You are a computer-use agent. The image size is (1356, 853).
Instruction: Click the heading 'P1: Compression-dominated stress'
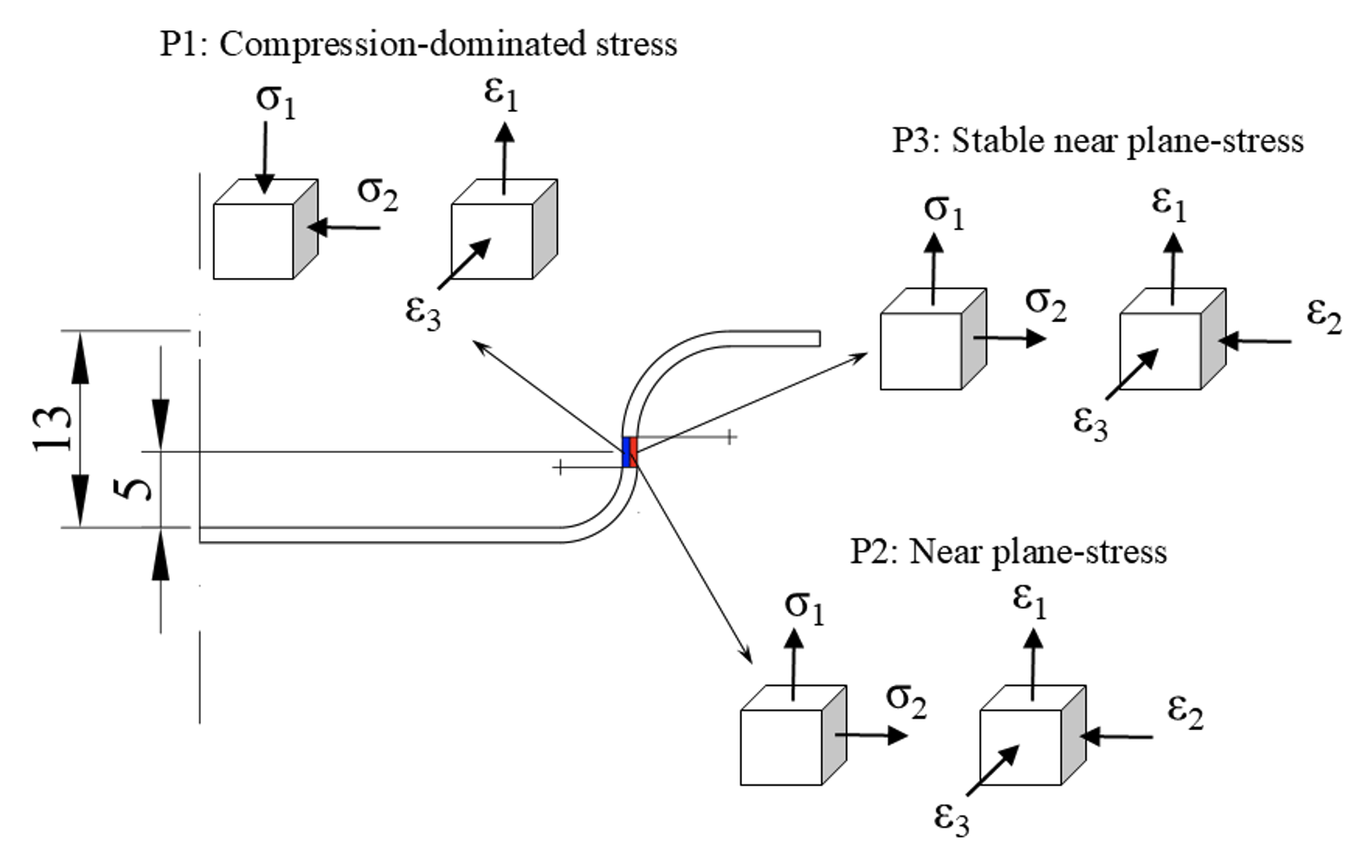pyautogui.click(x=418, y=43)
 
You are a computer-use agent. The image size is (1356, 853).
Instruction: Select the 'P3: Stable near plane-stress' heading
pyautogui.click(x=1097, y=139)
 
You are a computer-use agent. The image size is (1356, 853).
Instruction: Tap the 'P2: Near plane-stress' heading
pyautogui.click(x=1008, y=551)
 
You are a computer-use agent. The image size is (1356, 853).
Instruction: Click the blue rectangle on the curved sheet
pyautogui.click(x=626, y=452)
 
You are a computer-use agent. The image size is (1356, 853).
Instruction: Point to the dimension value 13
pyautogui.click(x=54, y=428)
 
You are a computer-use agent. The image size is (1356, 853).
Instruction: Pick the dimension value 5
pyautogui.click(x=134, y=488)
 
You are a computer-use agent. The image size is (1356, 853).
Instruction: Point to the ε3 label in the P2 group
pyautogui.click(x=951, y=817)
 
